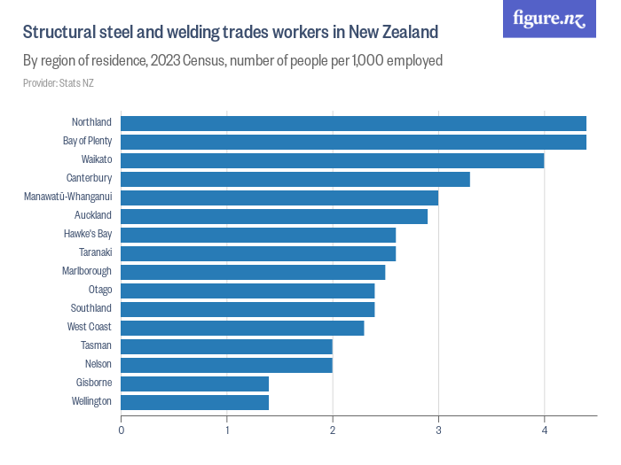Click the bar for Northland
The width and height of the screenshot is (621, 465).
coord(353,123)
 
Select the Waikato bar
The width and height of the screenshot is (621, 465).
coord(332,160)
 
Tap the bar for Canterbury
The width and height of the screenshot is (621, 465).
coord(295,179)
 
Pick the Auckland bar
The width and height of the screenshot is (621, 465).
coord(273,216)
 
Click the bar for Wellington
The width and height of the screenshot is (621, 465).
coord(194,402)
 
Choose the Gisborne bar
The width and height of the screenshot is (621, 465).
coord(194,384)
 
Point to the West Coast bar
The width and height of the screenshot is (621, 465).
coord(242,328)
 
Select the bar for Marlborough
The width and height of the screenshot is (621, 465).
coord(253,272)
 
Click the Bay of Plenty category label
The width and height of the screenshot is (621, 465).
coord(87,142)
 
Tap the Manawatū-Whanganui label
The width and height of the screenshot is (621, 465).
coord(67,198)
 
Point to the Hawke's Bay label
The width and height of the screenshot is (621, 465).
coord(88,235)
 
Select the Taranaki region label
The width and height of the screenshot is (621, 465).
coord(95,253)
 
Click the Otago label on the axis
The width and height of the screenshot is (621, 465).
coord(99,291)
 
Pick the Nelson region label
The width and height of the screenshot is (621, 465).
coord(98,365)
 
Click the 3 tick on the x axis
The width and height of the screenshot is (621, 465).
coord(438,430)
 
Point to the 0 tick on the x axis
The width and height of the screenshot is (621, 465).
coord(121,430)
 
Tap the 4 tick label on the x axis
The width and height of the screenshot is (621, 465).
coord(544,430)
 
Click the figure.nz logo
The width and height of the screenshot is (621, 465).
coord(549,19)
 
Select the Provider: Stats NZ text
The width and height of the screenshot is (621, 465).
coord(59,83)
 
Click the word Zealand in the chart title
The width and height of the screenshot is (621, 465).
coord(407,33)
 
